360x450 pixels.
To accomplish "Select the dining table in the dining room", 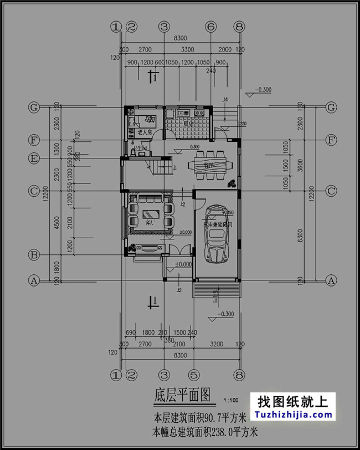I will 208,166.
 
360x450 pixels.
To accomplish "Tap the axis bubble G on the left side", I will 34,108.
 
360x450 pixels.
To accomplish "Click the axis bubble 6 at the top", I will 210,27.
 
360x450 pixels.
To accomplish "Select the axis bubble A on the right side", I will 331,281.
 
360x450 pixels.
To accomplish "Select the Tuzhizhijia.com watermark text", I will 294,415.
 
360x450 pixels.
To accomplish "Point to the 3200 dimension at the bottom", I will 217,344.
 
